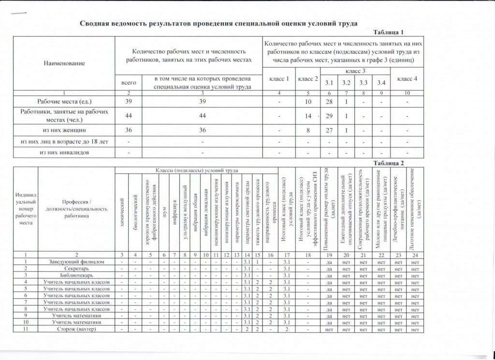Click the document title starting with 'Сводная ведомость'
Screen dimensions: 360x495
pyautogui.click(x=218, y=23)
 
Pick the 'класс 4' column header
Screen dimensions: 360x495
pyautogui.click(x=407, y=78)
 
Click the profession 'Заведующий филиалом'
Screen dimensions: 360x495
pyautogui.click(x=76, y=261)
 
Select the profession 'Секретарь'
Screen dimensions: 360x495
pyautogui.click(x=76, y=268)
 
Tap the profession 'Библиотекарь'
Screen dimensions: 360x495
pyautogui.click(x=76, y=275)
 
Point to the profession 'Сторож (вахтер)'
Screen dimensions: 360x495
pyautogui.click(x=76, y=330)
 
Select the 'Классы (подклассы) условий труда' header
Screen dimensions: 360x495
pyautogui.click(x=196, y=171)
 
